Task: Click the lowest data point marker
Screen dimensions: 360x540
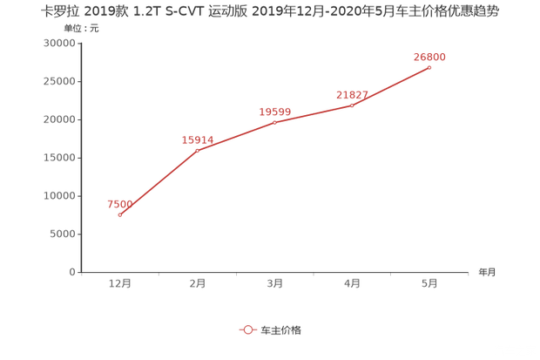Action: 120,214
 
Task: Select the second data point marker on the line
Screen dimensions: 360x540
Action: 198,150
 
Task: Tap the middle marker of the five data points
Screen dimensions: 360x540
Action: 275,122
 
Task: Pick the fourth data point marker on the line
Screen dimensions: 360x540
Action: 353,105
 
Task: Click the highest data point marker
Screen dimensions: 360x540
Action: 430,67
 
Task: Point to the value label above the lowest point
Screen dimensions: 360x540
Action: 118,204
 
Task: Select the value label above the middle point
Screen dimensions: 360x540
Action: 274,112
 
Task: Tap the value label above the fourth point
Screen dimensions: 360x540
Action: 352,93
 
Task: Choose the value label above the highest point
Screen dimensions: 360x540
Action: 429,57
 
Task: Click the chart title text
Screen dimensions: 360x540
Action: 270,13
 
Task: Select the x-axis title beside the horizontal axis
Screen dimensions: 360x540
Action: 486,272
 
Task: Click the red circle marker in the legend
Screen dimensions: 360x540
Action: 247,330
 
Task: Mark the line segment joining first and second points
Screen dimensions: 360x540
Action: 159,182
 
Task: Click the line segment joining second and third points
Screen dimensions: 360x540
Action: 236,136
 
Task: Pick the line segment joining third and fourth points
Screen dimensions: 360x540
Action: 314,113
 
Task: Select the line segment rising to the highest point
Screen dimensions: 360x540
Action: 391,86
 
